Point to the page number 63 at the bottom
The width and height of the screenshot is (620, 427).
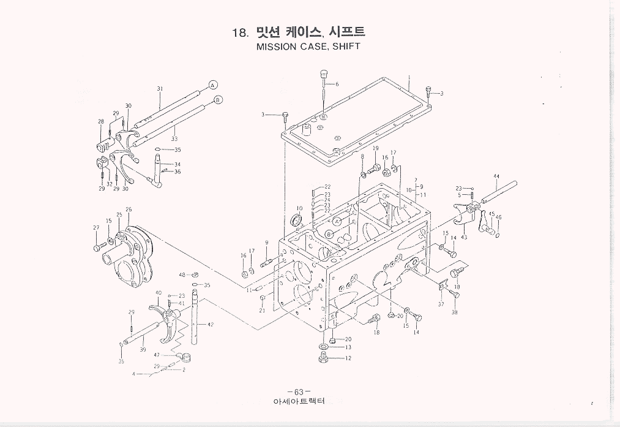pos(298,392)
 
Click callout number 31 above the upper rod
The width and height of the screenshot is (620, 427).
pos(160,89)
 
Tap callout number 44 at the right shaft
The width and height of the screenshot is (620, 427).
pos(496,176)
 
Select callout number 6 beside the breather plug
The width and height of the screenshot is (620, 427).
pos(337,84)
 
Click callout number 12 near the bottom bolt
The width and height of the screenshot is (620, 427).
pos(348,358)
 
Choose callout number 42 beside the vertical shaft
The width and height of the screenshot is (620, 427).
pos(210,324)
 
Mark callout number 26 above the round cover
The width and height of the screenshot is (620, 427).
pos(129,210)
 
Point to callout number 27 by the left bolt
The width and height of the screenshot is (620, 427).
pos(96,228)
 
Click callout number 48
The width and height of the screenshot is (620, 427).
pos(182,275)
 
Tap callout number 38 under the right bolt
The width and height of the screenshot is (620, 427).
pos(454,312)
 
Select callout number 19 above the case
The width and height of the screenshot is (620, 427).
pos(375,149)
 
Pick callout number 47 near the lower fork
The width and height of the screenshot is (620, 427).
pos(157,355)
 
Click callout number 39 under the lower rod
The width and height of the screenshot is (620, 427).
pos(143,350)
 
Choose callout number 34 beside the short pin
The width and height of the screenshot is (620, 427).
pos(177,164)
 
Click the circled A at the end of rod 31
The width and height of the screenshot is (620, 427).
pos(212,84)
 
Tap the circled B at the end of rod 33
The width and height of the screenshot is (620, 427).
pos(218,99)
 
